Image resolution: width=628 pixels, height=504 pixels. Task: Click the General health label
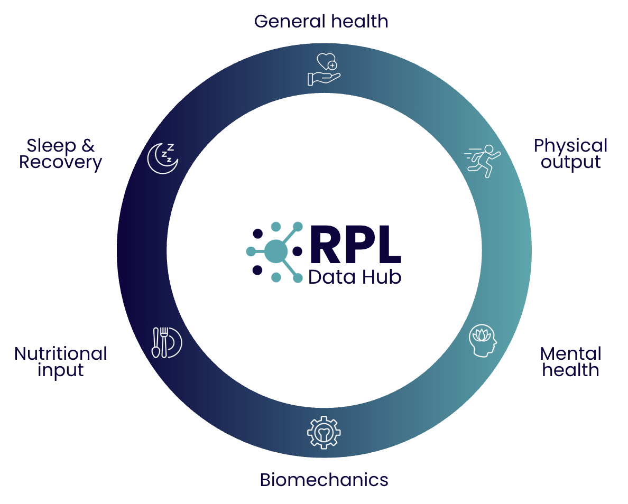point(321,22)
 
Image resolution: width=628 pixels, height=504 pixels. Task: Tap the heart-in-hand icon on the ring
point(324,69)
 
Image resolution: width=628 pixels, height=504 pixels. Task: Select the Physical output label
point(570,153)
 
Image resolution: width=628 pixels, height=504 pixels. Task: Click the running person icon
point(482,161)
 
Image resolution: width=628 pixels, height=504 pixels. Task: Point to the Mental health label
point(570,361)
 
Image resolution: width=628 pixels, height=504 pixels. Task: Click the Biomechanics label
point(324,480)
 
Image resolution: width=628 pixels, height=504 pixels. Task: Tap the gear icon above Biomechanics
point(324,432)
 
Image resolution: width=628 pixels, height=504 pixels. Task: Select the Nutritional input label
point(61,361)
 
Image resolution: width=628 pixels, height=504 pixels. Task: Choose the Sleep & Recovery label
point(60,153)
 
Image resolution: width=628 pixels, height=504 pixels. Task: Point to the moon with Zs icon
point(163,157)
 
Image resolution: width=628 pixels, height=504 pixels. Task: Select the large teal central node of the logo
point(275,251)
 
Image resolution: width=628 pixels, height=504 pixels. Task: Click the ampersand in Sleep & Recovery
point(89,145)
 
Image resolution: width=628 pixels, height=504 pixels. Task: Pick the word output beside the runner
point(570,162)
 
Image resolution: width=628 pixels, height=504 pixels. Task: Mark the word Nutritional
point(61,353)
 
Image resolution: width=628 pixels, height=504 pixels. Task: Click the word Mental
point(570,353)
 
